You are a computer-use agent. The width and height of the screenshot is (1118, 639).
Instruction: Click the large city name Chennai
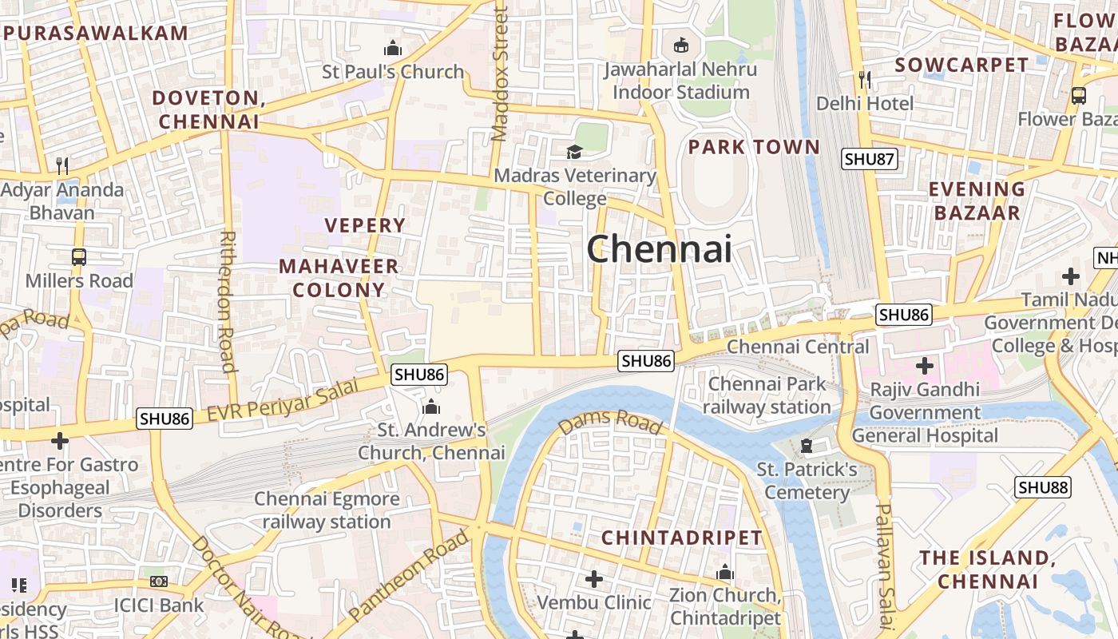pyautogui.click(x=659, y=249)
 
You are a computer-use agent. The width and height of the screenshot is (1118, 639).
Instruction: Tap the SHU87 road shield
pyautogui.click(x=869, y=159)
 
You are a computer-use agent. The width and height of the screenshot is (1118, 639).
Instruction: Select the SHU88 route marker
pyautogui.click(x=1043, y=487)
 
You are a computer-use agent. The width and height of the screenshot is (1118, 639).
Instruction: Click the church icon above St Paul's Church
pyautogui.click(x=392, y=48)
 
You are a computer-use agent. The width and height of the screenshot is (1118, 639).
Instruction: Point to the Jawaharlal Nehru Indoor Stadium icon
pyautogui.click(x=680, y=45)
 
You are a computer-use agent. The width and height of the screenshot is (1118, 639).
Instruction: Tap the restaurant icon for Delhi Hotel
pyautogui.click(x=864, y=79)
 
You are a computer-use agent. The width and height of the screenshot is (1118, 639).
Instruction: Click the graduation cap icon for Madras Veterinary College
pyautogui.click(x=574, y=152)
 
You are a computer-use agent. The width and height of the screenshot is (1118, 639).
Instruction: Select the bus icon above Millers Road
pyautogui.click(x=78, y=257)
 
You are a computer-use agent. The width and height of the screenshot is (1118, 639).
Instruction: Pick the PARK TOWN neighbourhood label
pyautogui.click(x=754, y=147)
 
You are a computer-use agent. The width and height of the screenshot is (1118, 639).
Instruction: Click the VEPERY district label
pyautogui.click(x=365, y=225)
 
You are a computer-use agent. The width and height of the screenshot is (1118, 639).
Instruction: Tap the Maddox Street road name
pyautogui.click(x=500, y=73)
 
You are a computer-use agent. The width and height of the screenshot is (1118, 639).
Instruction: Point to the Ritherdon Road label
pyautogui.click(x=228, y=302)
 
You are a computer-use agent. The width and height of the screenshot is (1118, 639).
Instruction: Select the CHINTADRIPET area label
pyautogui.click(x=682, y=538)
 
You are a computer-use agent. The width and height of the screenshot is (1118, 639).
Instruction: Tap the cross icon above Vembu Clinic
pyautogui.click(x=593, y=578)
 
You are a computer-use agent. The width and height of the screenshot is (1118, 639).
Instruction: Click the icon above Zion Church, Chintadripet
pyautogui.click(x=725, y=572)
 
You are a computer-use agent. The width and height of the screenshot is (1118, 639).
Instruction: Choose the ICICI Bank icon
pyautogui.click(x=159, y=581)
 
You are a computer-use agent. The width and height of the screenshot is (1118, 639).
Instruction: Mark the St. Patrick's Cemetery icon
pyautogui.click(x=806, y=446)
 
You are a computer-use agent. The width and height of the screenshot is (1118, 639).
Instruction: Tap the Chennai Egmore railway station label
pyautogui.click(x=327, y=510)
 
